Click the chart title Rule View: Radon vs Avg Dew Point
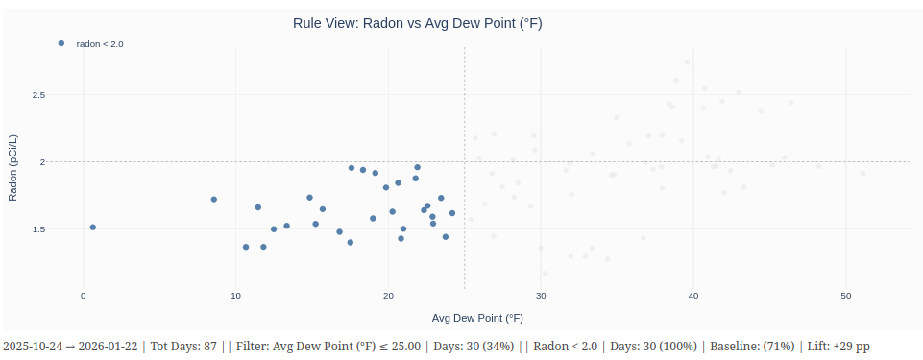tap(417, 23)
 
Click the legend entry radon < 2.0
tap(100, 44)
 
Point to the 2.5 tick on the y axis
tap(39, 95)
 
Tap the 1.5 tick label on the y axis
tap(39, 229)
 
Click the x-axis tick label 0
tap(84, 296)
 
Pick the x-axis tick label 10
tap(235, 296)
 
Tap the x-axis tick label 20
tap(388, 296)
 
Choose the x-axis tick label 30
tap(541, 296)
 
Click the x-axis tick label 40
tap(693, 296)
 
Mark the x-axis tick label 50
tap(845, 296)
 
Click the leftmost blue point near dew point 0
tap(93, 228)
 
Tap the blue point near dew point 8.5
tap(214, 200)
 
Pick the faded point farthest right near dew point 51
tap(862, 173)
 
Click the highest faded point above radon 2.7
tap(687, 62)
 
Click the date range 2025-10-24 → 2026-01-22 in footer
tap(70, 346)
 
